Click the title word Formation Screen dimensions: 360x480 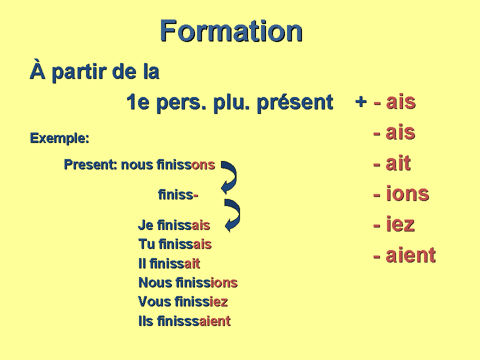pos(231,31)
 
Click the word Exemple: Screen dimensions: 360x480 pos(59,138)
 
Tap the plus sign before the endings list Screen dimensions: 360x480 pos(360,101)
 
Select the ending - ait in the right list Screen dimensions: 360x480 pos(392,163)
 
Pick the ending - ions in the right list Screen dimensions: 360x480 pos(401,193)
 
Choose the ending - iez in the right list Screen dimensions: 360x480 pos(394,224)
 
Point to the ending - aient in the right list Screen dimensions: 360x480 pos(404,255)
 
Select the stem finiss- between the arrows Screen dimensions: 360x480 pos(178,194)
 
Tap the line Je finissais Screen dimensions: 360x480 pos(174,225)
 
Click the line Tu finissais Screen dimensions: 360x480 pos(174,244)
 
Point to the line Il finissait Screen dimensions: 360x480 pos(169,263)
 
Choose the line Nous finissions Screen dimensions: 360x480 pos(187,282)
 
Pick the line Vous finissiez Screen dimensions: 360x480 pos(183,301)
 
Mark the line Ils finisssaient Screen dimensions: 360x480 pos(184,321)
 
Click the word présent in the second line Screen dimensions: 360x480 pos(294,102)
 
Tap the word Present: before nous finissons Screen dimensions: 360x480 pos(90,164)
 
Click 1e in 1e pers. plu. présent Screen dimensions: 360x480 pos(136,102)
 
